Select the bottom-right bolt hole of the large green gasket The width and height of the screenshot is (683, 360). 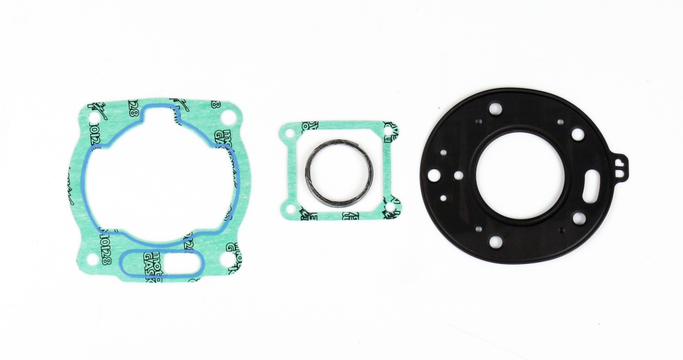(234, 260)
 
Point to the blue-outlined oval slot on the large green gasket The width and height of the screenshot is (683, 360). (161, 263)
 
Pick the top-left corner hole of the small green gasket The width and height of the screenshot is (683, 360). (289, 133)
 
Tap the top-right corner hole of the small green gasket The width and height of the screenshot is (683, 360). (390, 133)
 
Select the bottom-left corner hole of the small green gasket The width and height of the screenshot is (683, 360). (289, 209)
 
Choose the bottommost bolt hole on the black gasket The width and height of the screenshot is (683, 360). (495, 242)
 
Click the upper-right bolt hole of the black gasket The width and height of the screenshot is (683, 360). (578, 135)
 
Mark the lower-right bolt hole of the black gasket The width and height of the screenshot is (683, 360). (579, 217)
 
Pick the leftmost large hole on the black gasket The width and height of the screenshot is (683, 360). (434, 175)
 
